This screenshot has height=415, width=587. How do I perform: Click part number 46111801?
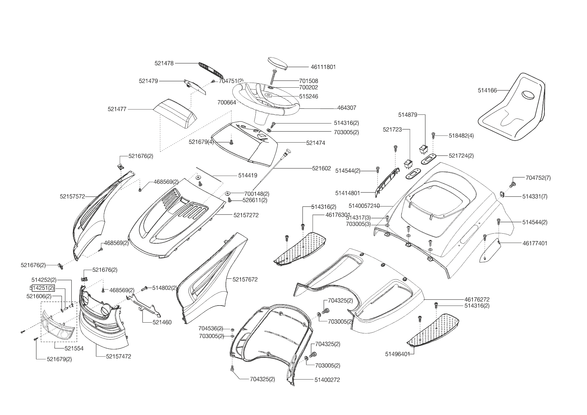click(323, 67)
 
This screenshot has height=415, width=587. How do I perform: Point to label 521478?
click(164, 63)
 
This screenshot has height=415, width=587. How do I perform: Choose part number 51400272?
click(327, 380)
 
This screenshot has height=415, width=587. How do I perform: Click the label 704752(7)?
click(538, 178)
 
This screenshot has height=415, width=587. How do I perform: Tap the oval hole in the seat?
click(529, 95)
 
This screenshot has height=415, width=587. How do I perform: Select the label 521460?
click(162, 322)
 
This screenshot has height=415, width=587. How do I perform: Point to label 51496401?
click(397, 354)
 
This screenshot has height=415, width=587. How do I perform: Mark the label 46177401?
click(535, 243)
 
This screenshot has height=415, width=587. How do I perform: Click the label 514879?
click(408, 115)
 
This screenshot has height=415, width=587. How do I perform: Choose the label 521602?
click(321, 168)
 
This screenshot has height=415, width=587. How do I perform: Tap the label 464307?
click(347, 108)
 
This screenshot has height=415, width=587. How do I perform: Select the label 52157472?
click(118, 356)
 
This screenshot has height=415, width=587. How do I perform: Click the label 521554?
click(74, 348)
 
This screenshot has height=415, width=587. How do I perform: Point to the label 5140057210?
click(364, 205)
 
